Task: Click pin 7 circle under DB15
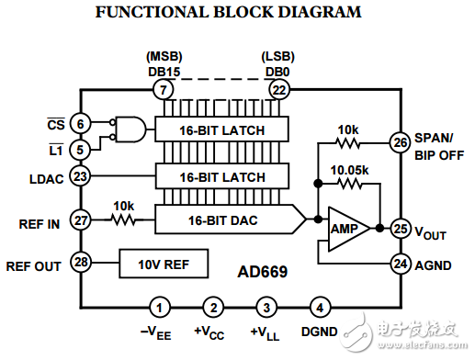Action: [x=164, y=90]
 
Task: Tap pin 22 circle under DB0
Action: [x=279, y=90]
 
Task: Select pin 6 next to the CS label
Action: [x=80, y=124]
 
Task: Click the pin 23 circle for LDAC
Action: [x=80, y=176]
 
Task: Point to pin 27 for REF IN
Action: [x=81, y=220]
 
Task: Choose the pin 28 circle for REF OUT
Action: [x=81, y=262]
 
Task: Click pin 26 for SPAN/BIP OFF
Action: [x=400, y=142]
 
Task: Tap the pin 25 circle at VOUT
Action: [x=401, y=229]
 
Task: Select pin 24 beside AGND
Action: [x=401, y=264]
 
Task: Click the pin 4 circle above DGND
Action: [x=320, y=308]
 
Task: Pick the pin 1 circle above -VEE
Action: [x=160, y=308]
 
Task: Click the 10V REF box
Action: [x=164, y=264]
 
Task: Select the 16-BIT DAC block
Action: [x=231, y=219]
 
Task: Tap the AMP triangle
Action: [x=348, y=229]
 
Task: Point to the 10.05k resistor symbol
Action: [x=349, y=184]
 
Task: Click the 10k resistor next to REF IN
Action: [x=123, y=219]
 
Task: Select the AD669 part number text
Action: [x=263, y=272]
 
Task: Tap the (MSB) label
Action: [x=164, y=56]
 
